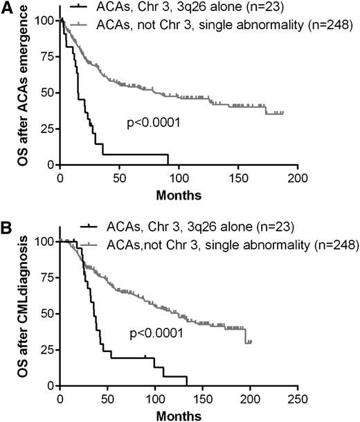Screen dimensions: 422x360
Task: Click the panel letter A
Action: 8,8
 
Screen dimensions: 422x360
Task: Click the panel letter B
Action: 8,228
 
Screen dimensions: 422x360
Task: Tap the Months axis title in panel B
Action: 179,414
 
